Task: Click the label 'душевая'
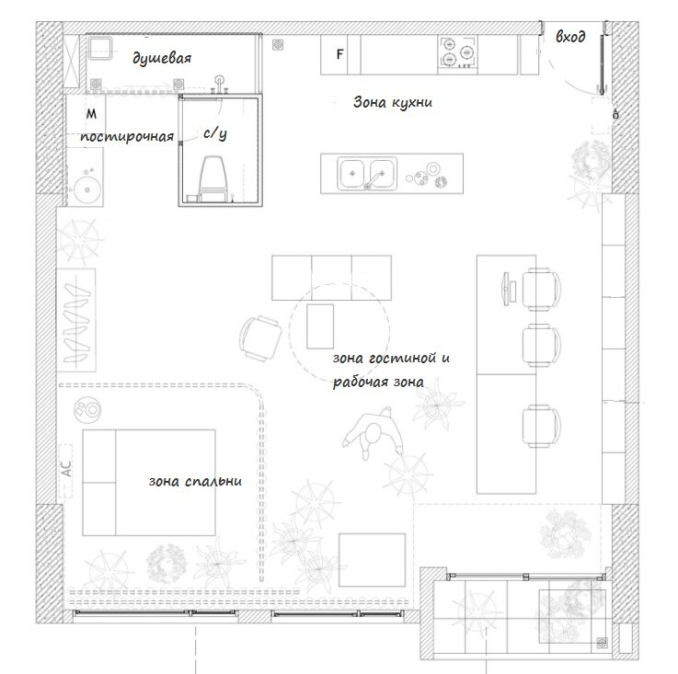click(x=162, y=58)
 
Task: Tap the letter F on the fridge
click(x=340, y=54)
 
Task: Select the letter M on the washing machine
click(x=92, y=114)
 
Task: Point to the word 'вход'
click(x=570, y=37)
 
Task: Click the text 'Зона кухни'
click(x=393, y=102)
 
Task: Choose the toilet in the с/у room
click(x=213, y=178)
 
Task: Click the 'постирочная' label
click(x=127, y=137)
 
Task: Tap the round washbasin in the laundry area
click(x=87, y=189)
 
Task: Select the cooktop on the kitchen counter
click(x=458, y=52)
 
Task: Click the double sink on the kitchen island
click(x=367, y=174)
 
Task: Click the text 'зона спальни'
click(x=195, y=481)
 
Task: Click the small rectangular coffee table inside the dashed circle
click(x=320, y=326)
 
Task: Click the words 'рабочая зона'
click(x=378, y=383)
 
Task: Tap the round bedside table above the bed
click(x=87, y=409)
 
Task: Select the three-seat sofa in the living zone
click(x=332, y=278)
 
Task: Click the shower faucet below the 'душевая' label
click(x=220, y=84)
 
